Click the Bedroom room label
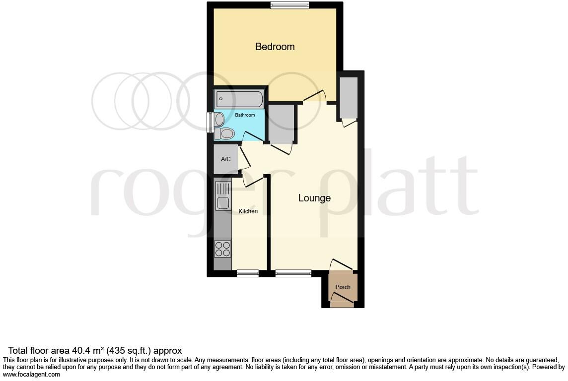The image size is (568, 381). click(x=275, y=47)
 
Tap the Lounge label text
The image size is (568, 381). click(x=314, y=198)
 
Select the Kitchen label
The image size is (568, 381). click(x=248, y=211)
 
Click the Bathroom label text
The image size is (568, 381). click(x=245, y=115)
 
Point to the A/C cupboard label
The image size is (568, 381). click(x=226, y=159)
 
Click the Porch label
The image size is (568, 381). click(x=343, y=287)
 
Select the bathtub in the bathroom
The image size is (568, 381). click(x=239, y=99)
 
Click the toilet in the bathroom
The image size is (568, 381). click(x=225, y=133)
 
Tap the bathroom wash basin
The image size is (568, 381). click(x=219, y=120)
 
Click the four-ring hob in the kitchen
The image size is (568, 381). click(x=223, y=249)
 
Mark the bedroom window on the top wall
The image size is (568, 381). click(x=290, y=5)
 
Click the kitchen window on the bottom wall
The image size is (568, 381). click(x=248, y=273)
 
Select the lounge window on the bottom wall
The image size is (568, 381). click(x=293, y=273)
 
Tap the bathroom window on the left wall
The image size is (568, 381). click(x=210, y=123)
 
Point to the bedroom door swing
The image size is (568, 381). click(x=314, y=96)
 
